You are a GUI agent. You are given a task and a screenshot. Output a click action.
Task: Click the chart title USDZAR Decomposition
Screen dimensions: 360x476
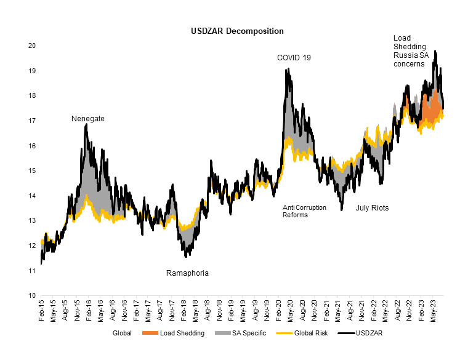[x=238, y=30]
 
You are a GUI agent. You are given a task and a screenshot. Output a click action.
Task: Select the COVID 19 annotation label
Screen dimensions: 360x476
[x=294, y=57]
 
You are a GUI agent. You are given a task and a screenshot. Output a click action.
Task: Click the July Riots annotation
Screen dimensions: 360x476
[x=372, y=208]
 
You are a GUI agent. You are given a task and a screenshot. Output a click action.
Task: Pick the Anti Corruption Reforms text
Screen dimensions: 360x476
[x=304, y=211]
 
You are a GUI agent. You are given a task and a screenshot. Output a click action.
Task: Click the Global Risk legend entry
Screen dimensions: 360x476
[x=299, y=334]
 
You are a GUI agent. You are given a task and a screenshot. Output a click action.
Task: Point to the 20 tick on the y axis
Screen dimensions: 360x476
[x=31, y=46]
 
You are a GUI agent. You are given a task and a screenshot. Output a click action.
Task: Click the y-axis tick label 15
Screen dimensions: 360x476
[x=31, y=171]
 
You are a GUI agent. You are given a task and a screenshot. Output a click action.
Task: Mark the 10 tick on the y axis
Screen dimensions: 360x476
[x=31, y=295]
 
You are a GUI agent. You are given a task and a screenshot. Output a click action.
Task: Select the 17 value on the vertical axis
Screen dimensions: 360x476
[x=31, y=121]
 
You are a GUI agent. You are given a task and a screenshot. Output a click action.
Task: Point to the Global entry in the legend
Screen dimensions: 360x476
[x=122, y=334]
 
